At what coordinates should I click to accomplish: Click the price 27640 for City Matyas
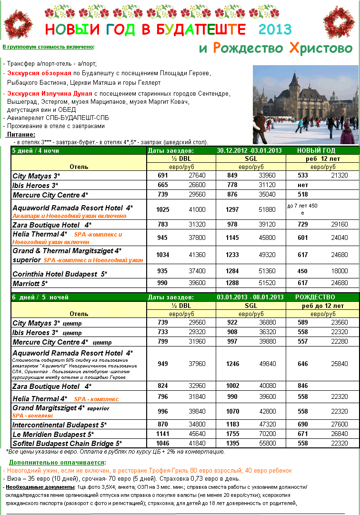click(x=197, y=176)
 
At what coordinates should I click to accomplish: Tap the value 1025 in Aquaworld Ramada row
click(x=162, y=209)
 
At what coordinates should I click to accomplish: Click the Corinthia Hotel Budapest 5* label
click(x=60, y=274)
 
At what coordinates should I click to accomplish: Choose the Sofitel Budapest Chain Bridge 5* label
click(x=67, y=444)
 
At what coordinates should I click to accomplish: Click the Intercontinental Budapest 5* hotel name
click(x=60, y=425)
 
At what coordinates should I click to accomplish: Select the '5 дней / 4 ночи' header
click(x=36, y=151)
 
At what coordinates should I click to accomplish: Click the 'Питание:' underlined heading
click(x=21, y=135)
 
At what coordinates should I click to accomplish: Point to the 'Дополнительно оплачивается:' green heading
click(x=58, y=462)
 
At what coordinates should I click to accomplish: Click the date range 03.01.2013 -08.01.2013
click(x=250, y=297)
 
